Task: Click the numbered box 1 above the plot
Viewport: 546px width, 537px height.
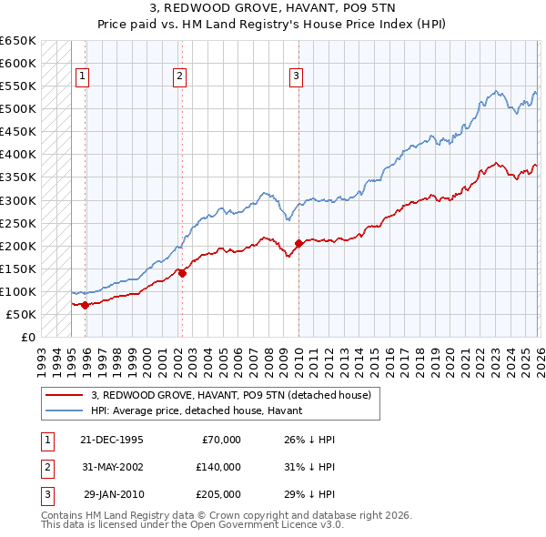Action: pyautogui.click(x=83, y=77)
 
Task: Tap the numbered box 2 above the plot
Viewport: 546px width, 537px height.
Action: pyautogui.click(x=180, y=77)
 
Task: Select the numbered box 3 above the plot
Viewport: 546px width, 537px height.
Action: pyautogui.click(x=297, y=77)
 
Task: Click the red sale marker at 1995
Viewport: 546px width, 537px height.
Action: pyautogui.click(x=85, y=305)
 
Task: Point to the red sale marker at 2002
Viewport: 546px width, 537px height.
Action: pyautogui.click(x=182, y=272)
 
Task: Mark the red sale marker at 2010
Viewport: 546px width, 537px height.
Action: pyautogui.click(x=298, y=243)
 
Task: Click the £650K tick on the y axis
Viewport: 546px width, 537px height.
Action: pyautogui.click(x=18, y=41)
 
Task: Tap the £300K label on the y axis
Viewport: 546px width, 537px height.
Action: pyautogui.click(x=18, y=200)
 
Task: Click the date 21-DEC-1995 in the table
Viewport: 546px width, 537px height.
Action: pyautogui.click(x=112, y=440)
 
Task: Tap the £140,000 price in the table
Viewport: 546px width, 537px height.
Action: pyautogui.click(x=217, y=467)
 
